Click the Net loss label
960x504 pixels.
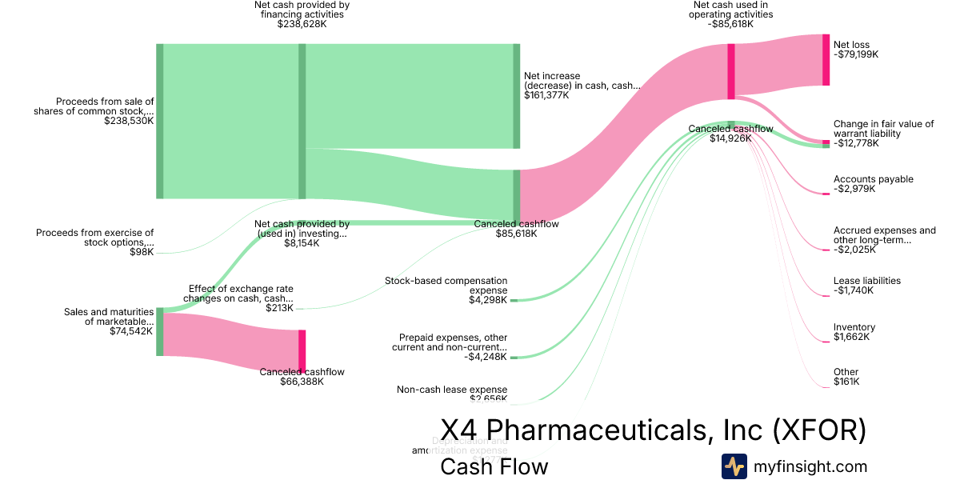(851, 45)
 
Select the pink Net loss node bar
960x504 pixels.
(826, 59)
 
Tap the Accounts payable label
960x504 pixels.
(873, 179)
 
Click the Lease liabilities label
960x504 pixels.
(866, 281)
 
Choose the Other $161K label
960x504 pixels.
(846, 377)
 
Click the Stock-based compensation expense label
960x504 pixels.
(446, 286)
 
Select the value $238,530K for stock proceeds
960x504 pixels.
(129, 121)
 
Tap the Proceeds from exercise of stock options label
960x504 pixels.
(94, 238)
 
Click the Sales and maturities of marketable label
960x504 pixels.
(108, 316)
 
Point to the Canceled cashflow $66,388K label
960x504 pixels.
(302, 377)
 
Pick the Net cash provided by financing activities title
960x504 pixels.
(302, 9)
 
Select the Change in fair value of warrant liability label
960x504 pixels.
(883, 129)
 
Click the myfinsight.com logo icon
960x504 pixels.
(734, 466)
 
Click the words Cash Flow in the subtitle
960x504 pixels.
(494, 466)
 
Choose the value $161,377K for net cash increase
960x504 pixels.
(546, 95)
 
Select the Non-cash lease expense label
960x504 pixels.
(451, 390)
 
